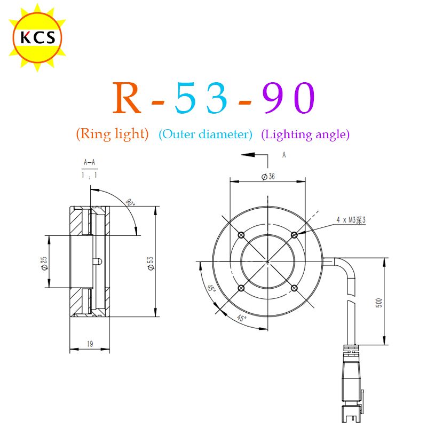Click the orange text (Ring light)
coord(112,134)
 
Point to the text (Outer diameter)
coord(205,135)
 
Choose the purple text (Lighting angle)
coord(305,135)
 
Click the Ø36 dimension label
coord(268,177)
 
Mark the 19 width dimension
coord(90,345)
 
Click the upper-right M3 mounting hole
coord(294,235)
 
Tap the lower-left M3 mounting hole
coord(241,288)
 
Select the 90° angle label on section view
coord(131,203)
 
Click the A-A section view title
coord(90,162)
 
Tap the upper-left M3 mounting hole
coord(241,235)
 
